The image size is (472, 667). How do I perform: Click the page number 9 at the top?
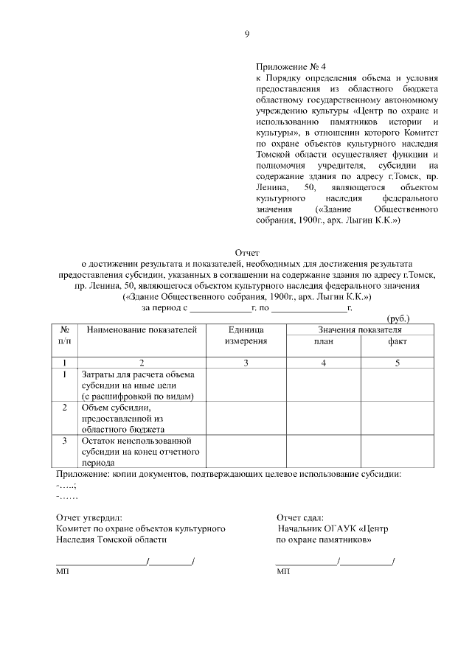click(x=247, y=33)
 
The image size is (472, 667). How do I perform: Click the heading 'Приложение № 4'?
click(x=288, y=66)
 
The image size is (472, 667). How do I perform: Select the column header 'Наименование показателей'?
click(x=142, y=330)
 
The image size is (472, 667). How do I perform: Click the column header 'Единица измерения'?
click(x=246, y=335)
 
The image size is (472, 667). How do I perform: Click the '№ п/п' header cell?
click(x=65, y=335)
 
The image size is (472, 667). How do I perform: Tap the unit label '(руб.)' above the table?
click(x=399, y=318)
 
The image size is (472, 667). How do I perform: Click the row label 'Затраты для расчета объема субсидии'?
click(x=137, y=385)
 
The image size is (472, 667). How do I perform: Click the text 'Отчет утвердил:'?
click(x=89, y=518)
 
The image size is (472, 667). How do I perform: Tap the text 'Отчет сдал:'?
click(x=299, y=518)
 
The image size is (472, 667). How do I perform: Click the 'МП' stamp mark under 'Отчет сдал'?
click(x=282, y=572)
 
